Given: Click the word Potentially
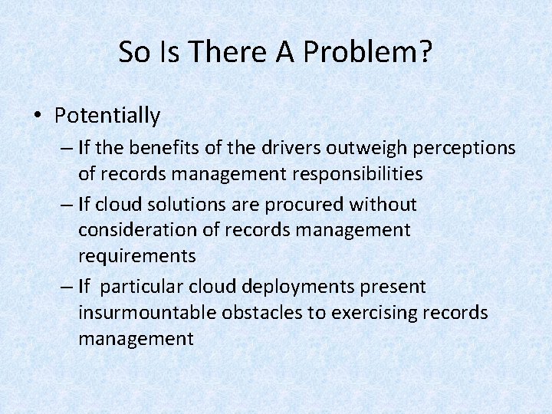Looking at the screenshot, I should [107, 116].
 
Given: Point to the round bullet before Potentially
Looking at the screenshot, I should [38, 117].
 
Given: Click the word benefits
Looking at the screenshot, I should [169, 146].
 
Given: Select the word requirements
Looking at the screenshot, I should [136, 255].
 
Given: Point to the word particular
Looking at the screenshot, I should [146, 286].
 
